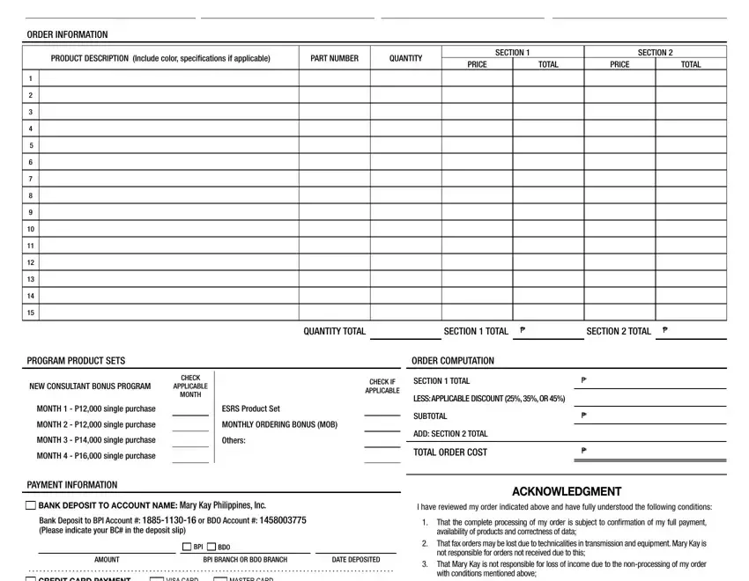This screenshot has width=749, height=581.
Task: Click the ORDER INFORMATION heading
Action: [x=67, y=35]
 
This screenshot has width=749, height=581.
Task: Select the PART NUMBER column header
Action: [x=335, y=59]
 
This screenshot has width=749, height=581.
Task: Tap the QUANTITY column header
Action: [x=405, y=59]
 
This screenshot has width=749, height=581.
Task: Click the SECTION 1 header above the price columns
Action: [x=513, y=53]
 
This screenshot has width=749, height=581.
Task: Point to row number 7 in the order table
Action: [x=31, y=179]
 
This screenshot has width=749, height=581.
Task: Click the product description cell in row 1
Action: [x=168, y=78]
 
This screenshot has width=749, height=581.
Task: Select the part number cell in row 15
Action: [x=335, y=313]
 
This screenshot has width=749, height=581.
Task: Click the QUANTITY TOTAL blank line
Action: [x=405, y=333]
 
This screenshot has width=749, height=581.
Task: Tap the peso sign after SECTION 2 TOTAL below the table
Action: [x=664, y=331]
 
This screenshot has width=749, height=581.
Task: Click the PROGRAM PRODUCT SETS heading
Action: [x=76, y=361]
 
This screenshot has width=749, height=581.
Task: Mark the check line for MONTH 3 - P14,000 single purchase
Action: [x=190, y=441]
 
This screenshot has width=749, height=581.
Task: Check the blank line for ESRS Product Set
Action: [x=382, y=409]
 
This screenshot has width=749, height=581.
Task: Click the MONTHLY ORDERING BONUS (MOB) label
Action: [x=279, y=425]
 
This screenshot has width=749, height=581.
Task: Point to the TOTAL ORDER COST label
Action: [x=449, y=452]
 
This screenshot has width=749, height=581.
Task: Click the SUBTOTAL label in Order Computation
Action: [x=430, y=416]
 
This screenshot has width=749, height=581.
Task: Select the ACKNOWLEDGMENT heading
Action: [x=567, y=492]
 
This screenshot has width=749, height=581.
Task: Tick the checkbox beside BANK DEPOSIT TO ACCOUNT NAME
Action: [x=31, y=506]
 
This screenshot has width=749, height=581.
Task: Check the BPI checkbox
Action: [x=186, y=548]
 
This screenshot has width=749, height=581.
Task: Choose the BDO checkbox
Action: [x=211, y=548]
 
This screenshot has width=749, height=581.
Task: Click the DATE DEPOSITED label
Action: [x=356, y=560]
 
